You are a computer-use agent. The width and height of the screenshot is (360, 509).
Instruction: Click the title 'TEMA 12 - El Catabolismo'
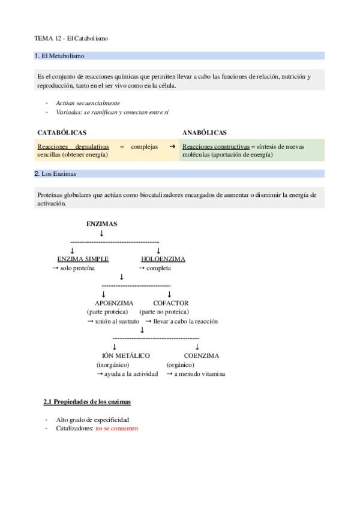pyautogui.click(x=71, y=38)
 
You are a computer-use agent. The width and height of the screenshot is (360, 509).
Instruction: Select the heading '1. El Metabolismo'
pyautogui.click(x=59, y=56)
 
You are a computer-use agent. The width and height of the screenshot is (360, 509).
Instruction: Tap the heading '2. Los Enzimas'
pyautogui.click(x=55, y=174)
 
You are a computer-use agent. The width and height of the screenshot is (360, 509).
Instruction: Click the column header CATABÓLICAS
pyautogui.click(x=62, y=132)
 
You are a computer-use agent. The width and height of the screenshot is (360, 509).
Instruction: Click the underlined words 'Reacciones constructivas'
pyautogui.click(x=215, y=146)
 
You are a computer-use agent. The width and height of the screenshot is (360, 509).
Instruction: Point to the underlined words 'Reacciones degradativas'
pyautogui.click(x=73, y=146)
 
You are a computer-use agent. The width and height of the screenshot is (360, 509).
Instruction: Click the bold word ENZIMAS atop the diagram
pyautogui.click(x=102, y=224)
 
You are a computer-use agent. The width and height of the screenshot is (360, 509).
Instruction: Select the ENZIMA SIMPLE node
pyautogui.click(x=83, y=259)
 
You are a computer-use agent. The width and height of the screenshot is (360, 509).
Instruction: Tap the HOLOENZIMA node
pyautogui.click(x=163, y=259)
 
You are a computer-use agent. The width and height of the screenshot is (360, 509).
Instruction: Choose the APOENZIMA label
pyautogui.click(x=114, y=303)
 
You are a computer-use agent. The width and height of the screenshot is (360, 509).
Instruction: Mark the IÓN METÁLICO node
pyautogui.click(x=126, y=356)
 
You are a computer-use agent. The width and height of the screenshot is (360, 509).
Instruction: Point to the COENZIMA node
pyautogui.click(x=202, y=356)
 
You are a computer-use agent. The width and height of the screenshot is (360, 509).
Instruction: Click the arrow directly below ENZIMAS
pyautogui.click(x=102, y=233)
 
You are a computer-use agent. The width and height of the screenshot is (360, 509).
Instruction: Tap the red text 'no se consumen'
pyautogui.click(x=116, y=429)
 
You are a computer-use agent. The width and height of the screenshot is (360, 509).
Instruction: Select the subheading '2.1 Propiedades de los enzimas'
pyautogui.click(x=88, y=401)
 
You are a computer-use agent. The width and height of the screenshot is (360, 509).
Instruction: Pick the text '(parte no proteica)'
pyautogui.click(x=164, y=312)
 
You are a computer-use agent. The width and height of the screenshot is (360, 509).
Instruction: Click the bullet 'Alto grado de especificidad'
pyautogui.click(x=92, y=420)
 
